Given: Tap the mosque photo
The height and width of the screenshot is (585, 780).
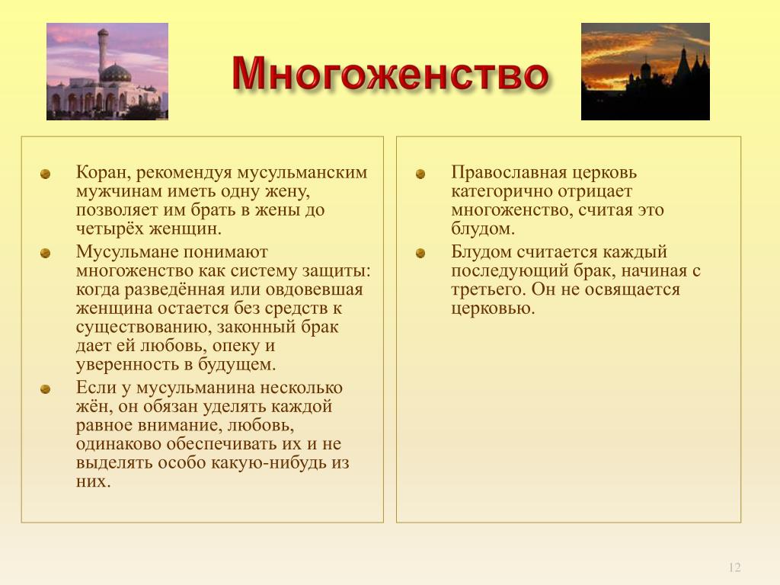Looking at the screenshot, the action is pos(107,71).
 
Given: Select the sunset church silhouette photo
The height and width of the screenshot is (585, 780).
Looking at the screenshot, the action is pos(645,71).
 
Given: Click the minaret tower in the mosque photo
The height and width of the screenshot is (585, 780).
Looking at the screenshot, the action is pos(103,53).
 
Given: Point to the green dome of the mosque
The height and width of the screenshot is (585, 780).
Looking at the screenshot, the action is pos(116,73).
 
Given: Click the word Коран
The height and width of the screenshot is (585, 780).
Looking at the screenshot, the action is pos(103,173).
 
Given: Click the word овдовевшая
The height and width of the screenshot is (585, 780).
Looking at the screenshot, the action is pos(315,289).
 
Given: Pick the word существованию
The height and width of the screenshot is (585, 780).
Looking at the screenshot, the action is pos(144,328).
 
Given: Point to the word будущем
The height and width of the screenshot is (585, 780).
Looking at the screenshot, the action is pos(237,365).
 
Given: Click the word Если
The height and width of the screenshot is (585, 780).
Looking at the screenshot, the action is pos(97,388).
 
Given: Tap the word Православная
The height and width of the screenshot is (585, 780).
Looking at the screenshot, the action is pos(509,173).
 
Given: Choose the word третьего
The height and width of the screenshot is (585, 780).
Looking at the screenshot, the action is pos(488,289).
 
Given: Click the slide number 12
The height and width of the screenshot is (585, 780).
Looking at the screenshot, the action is pos(734,567).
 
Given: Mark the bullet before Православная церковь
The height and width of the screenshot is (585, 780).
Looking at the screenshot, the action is pos(420,174).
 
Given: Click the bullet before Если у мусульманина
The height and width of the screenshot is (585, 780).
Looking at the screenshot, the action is pos(45,389).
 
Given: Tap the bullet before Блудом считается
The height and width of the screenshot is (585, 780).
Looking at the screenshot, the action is pos(420,254).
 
